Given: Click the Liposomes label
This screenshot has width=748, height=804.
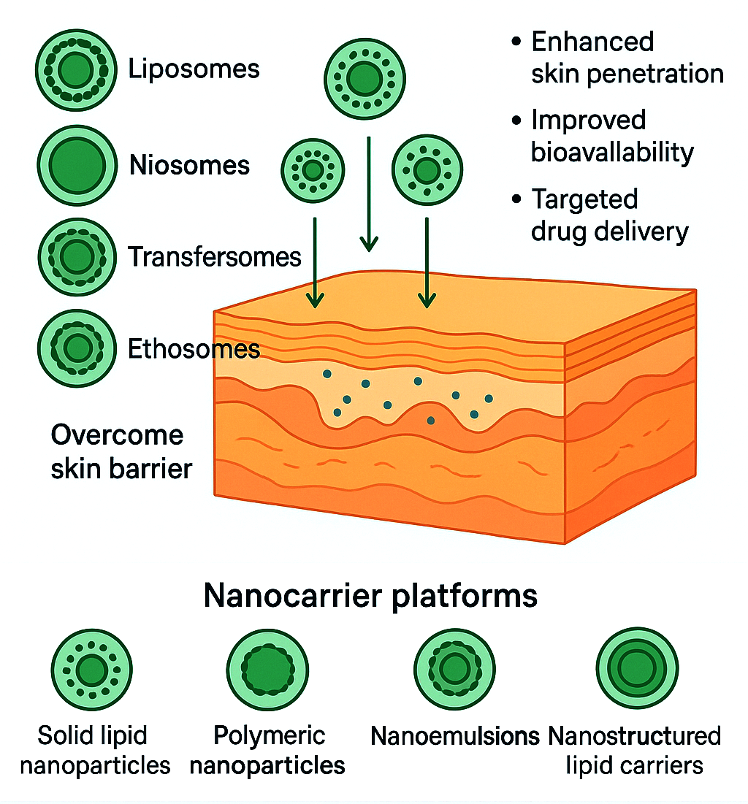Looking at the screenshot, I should [x=194, y=69].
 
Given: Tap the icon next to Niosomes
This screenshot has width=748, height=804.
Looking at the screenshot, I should [x=76, y=165].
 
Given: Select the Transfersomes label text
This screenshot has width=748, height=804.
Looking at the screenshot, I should [x=214, y=256].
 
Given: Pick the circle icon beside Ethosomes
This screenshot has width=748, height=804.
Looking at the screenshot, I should [x=76, y=348].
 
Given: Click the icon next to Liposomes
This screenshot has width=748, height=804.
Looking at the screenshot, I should [x=76, y=70].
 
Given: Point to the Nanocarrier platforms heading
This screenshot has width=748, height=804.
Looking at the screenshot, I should [x=370, y=596].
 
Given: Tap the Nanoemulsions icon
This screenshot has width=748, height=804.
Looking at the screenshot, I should [x=454, y=669].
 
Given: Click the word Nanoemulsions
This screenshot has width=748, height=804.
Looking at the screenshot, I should [x=454, y=735].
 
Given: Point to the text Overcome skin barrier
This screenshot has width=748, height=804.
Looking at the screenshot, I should [x=121, y=451].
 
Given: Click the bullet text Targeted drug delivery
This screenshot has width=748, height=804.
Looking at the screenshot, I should [x=609, y=215].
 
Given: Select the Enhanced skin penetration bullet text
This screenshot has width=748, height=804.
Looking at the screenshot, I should [x=627, y=57].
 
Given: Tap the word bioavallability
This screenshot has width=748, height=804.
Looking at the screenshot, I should [x=612, y=152].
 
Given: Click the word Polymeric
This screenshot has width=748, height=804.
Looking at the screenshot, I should [x=269, y=735].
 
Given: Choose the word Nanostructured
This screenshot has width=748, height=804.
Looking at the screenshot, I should [x=634, y=735].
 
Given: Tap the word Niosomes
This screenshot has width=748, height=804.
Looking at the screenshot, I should [x=189, y=165].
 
